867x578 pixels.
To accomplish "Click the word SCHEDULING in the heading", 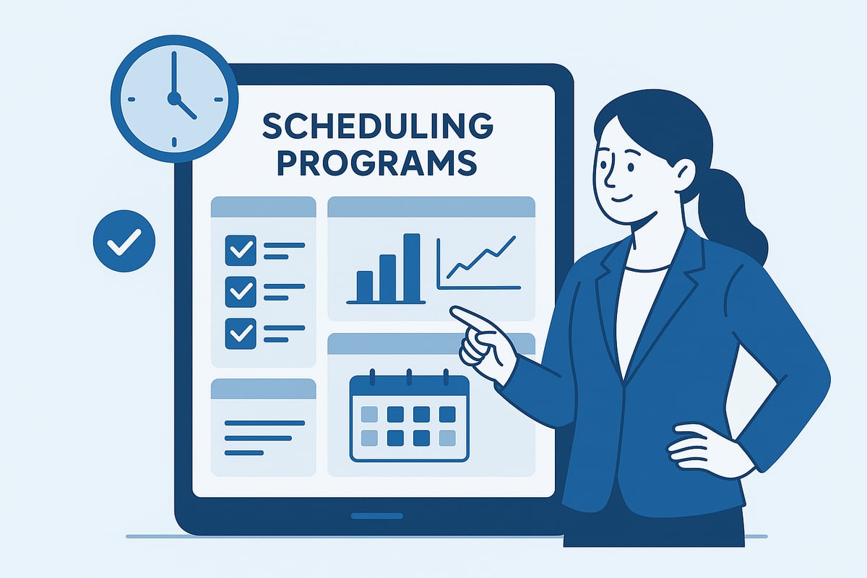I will pyautogui.click(x=377, y=127).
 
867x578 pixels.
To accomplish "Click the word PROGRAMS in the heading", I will pyautogui.click(x=377, y=163).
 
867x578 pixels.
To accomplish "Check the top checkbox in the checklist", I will pyautogui.click(x=241, y=250).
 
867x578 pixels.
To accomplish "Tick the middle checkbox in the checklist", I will pyautogui.click(x=241, y=291).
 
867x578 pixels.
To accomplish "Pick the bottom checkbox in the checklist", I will pyautogui.click(x=241, y=333).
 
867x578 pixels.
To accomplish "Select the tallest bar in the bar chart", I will pyautogui.click(x=411, y=267).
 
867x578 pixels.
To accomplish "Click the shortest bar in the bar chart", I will pyautogui.click(x=365, y=285).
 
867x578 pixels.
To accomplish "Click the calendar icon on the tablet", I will pyautogui.click(x=409, y=418).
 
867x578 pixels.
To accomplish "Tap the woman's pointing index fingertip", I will pyautogui.click(x=454, y=311).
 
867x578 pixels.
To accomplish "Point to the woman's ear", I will pyautogui.click(x=683, y=175).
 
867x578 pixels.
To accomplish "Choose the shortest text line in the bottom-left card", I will pyautogui.click(x=244, y=453).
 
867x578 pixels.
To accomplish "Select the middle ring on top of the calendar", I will pyautogui.click(x=409, y=376).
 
